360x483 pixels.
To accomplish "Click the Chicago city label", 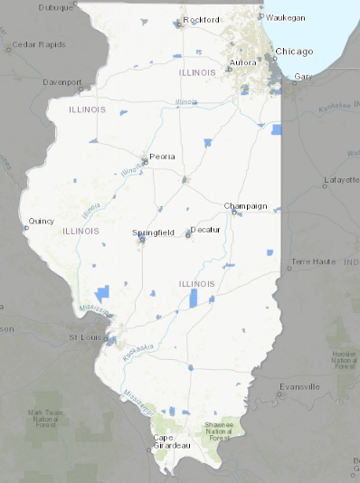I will point(294,52).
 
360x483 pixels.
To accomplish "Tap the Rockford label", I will point(201,19).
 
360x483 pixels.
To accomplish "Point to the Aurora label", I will point(242,62).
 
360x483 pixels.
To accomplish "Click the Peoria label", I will point(162,156).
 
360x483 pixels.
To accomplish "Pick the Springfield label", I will point(153,232).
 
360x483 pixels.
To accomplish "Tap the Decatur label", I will point(205,231).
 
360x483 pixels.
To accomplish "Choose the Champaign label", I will point(246,205).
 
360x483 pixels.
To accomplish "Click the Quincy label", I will point(42,221).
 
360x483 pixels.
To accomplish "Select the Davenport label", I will point(62,81).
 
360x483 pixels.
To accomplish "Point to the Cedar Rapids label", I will point(34,43).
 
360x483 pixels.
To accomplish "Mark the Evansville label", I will point(299,386).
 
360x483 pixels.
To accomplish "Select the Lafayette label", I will point(341,180).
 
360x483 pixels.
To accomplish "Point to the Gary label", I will point(303,77).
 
